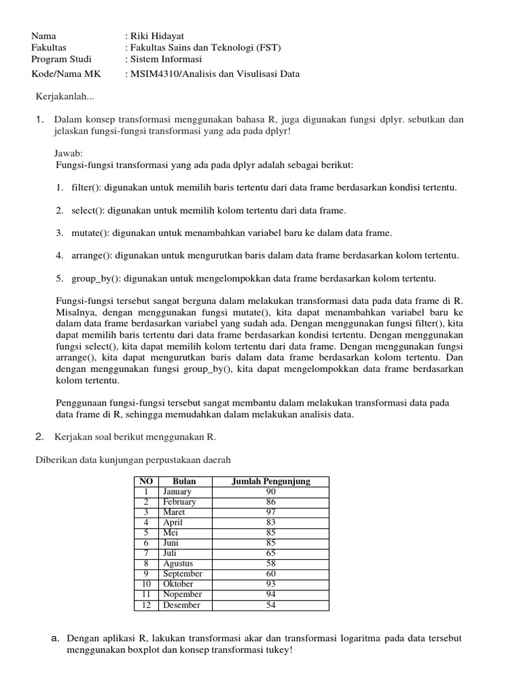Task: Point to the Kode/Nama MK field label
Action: (64, 74)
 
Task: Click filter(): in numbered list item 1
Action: (87, 187)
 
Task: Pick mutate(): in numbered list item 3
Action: (91, 233)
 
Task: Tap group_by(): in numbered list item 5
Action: (97, 278)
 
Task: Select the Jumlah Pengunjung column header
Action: (271, 481)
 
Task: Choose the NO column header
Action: (145, 481)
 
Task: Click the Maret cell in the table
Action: (174, 512)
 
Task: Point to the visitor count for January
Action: (271, 492)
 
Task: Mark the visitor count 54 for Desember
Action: (271, 605)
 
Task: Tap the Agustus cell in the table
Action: (178, 563)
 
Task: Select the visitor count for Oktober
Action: (271, 584)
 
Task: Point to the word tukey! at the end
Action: (279, 650)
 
